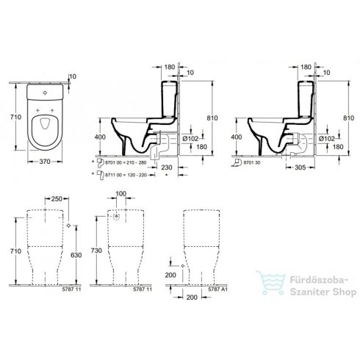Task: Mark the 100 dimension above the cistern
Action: [121, 194]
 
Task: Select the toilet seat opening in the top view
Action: [46, 123]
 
